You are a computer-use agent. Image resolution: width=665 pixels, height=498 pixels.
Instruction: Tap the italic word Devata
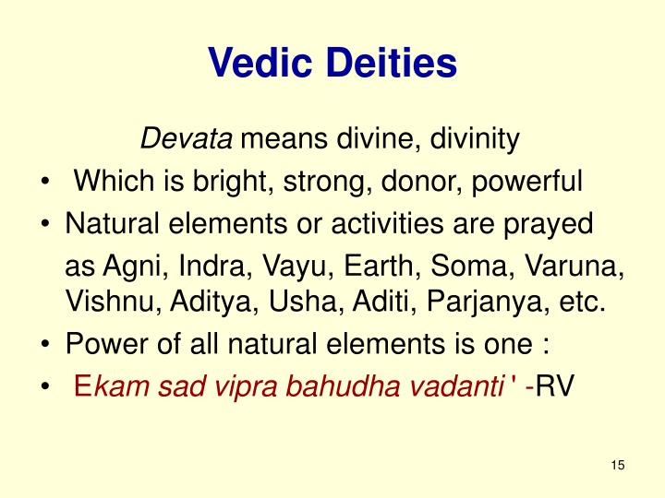click(x=187, y=140)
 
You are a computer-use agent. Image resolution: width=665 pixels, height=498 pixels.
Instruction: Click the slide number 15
click(x=618, y=464)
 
